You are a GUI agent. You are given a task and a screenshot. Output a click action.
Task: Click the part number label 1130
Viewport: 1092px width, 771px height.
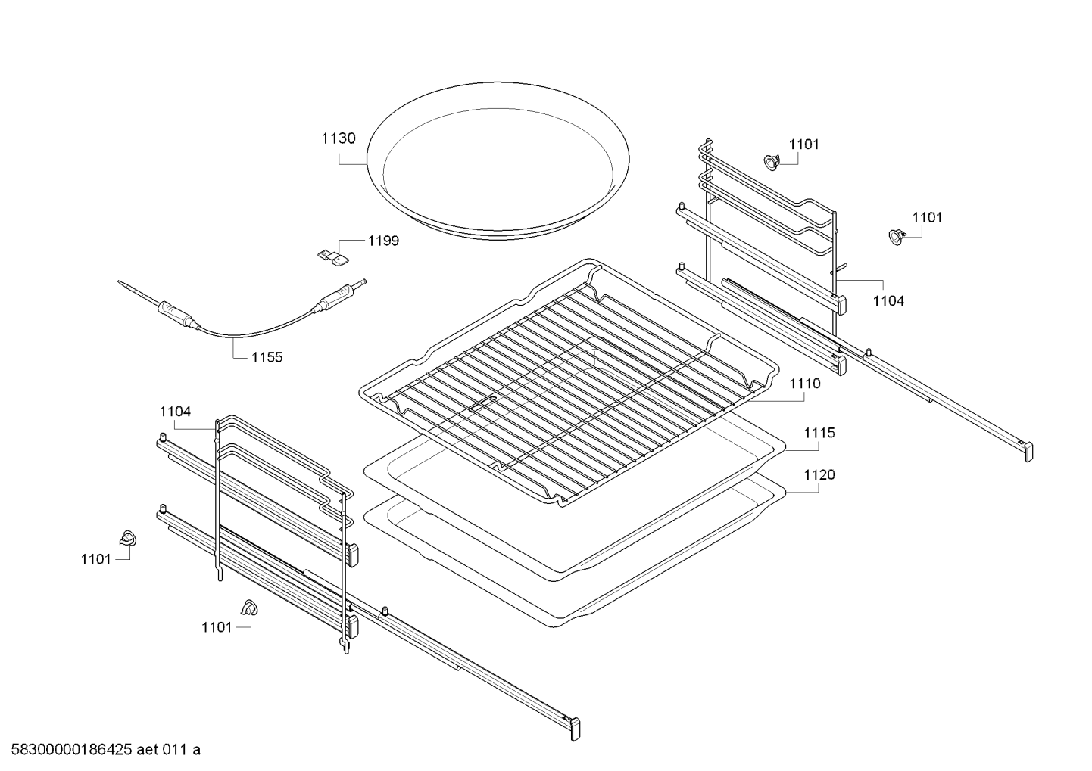point(338,138)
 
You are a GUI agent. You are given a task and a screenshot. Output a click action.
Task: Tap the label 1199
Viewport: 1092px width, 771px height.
point(383,241)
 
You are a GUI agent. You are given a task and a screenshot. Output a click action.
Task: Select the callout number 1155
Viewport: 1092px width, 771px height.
point(267,357)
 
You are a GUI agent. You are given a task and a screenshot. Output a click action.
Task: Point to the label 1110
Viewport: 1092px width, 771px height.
point(804,384)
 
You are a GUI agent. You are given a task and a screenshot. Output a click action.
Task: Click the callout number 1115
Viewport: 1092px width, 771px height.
point(819,433)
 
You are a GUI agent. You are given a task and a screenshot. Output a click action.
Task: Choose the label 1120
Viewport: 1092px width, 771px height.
point(819,474)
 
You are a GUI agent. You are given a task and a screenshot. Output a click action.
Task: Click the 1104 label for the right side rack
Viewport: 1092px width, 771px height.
point(888,300)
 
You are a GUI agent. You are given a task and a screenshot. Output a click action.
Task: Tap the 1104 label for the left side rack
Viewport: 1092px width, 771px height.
point(175,412)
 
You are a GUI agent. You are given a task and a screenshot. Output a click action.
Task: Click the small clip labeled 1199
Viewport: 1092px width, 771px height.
point(331,256)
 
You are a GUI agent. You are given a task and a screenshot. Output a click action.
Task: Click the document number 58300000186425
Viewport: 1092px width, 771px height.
point(67,750)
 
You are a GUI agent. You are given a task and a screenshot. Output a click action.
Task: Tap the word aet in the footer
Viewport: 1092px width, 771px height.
point(150,750)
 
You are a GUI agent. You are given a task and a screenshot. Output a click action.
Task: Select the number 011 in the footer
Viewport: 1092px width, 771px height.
point(178,750)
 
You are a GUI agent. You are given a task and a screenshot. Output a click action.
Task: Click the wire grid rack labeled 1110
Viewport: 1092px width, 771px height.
point(568,378)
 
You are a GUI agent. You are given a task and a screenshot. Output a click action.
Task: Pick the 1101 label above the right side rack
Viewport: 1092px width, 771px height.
point(803,144)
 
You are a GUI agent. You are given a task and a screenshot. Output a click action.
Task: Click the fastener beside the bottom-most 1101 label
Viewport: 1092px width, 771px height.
point(248,608)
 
